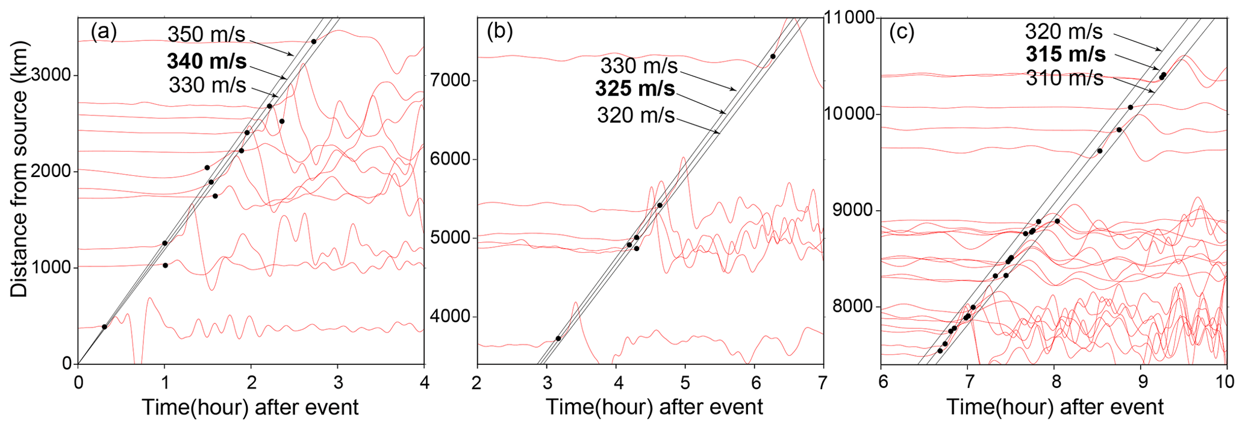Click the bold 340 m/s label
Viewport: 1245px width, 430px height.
pyautogui.click(x=207, y=61)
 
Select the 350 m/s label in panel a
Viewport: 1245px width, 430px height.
pyautogui.click(x=206, y=34)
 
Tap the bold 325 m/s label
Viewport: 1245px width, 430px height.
pyautogui.click(x=635, y=89)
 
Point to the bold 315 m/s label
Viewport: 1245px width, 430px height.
pyautogui.click(x=1066, y=54)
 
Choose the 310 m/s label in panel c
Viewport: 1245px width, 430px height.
pyautogui.click(x=1064, y=78)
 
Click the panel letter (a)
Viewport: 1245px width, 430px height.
pyautogui.click(x=104, y=31)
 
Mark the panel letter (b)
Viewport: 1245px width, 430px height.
pyautogui.click(x=499, y=31)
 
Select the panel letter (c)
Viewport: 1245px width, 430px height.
pyautogui.click(x=902, y=33)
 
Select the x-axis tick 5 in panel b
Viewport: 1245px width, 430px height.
pyautogui.click(x=685, y=382)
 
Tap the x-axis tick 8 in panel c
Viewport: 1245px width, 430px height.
pyautogui.click(x=1055, y=382)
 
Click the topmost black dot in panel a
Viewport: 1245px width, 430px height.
pyautogui.click(x=313, y=42)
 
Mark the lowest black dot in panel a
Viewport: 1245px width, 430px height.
pyautogui.click(x=104, y=327)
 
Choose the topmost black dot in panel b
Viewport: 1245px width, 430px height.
pyautogui.click(x=772, y=57)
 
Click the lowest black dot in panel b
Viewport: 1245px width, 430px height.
pyautogui.click(x=558, y=338)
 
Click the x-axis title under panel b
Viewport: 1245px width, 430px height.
pyautogui.click(x=654, y=408)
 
